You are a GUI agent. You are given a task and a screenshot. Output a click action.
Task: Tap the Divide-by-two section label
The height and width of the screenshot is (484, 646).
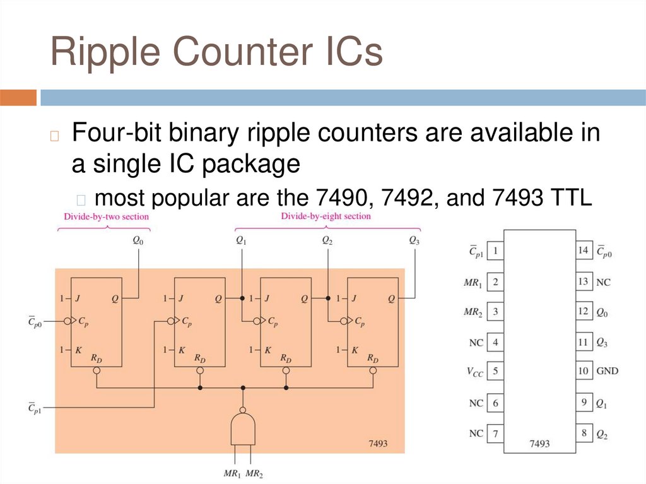pyautogui.click(x=106, y=216)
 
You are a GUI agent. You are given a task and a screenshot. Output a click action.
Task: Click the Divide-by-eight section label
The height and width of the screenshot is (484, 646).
pyautogui.click(x=326, y=216)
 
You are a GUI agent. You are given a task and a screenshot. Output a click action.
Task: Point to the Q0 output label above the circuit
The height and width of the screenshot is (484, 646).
pyautogui.click(x=138, y=240)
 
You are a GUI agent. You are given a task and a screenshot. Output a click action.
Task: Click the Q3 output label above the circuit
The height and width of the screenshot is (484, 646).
pyautogui.click(x=414, y=240)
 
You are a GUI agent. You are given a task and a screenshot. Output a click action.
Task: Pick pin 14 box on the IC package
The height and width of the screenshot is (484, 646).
pyautogui.click(x=584, y=251)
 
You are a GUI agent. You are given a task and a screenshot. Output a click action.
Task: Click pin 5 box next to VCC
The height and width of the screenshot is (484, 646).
pyautogui.click(x=495, y=371)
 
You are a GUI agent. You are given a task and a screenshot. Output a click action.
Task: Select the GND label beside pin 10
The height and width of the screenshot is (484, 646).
pyautogui.click(x=608, y=371)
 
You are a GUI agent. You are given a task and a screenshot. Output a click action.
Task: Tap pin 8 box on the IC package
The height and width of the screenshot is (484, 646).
pyautogui.click(x=584, y=433)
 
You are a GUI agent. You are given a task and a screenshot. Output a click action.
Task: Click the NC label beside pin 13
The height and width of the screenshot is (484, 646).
pyautogui.click(x=603, y=282)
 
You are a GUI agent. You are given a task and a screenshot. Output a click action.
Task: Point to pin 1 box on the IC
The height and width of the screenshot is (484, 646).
pyautogui.click(x=495, y=251)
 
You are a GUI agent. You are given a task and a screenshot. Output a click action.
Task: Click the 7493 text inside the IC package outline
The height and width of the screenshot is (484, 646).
pyautogui.click(x=539, y=444)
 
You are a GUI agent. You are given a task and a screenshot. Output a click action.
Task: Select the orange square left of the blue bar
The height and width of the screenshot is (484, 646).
pyautogui.click(x=18, y=98)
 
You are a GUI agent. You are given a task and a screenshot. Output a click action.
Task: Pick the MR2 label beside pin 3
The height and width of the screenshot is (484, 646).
pyautogui.click(x=473, y=312)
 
